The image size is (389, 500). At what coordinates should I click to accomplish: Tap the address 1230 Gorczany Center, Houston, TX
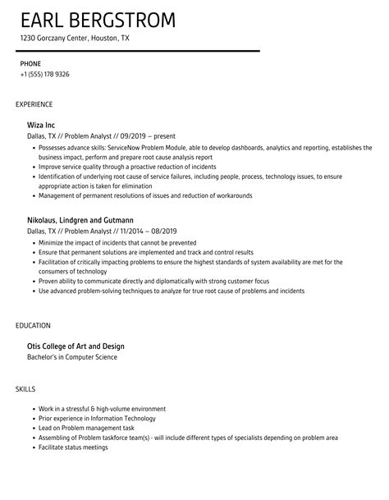click(x=76, y=39)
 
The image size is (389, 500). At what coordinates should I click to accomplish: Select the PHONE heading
click(x=30, y=62)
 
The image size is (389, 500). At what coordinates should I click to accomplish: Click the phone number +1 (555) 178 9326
click(x=44, y=74)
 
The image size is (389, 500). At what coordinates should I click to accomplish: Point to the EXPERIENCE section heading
click(x=34, y=104)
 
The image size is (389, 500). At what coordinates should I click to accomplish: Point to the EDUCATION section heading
click(x=34, y=325)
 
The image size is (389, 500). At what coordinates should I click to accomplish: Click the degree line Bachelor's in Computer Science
click(x=73, y=356)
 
